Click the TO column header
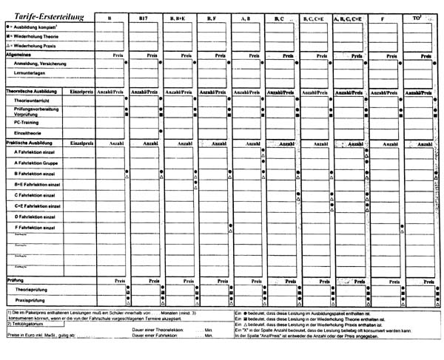click(x=420, y=16)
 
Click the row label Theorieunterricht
click(x=33, y=100)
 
